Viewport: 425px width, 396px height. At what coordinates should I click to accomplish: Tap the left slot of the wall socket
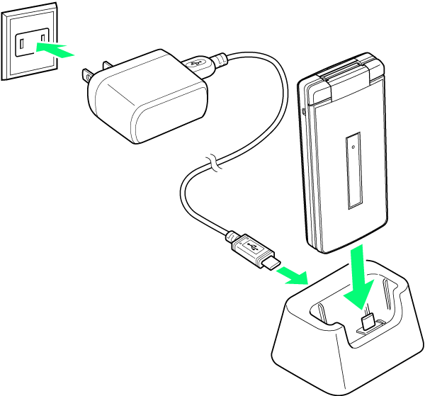(x=22, y=46)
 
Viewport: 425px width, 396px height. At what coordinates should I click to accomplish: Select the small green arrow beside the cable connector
(x=292, y=275)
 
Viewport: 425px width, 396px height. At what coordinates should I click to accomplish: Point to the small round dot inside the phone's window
(x=353, y=147)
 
